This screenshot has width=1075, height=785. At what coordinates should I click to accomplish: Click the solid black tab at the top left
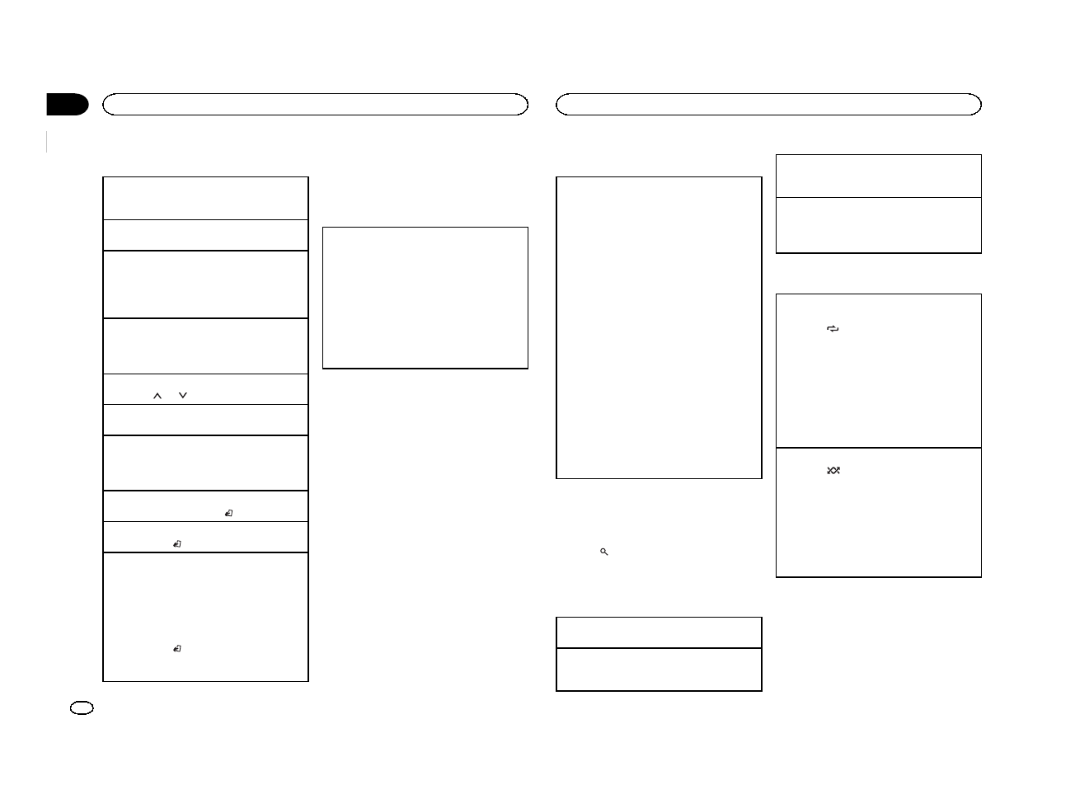point(66,105)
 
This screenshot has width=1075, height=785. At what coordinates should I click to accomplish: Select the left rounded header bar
point(314,104)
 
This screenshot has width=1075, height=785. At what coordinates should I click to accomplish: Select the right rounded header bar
point(768,104)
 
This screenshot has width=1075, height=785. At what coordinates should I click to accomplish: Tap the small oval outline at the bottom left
point(82,708)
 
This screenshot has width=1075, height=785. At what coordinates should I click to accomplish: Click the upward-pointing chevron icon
point(157,397)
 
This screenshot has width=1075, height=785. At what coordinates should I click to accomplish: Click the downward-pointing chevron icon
point(183,397)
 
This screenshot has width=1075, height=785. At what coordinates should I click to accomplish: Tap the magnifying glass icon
point(604,552)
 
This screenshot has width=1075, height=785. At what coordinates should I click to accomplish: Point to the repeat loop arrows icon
point(833,329)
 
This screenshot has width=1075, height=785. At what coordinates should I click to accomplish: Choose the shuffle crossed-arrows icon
point(833,471)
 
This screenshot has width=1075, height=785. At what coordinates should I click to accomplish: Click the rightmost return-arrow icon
point(228,514)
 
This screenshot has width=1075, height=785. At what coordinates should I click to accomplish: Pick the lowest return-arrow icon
point(177,650)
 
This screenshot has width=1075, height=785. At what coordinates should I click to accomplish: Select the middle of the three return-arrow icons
point(177,545)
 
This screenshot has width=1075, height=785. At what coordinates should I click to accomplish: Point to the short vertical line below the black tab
point(48,142)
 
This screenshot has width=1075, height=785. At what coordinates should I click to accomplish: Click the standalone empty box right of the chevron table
point(425,298)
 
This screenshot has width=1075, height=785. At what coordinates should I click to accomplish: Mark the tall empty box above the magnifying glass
point(659,327)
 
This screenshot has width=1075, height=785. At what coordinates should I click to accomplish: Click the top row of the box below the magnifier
point(659,632)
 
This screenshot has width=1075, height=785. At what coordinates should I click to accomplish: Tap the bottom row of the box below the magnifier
point(659,669)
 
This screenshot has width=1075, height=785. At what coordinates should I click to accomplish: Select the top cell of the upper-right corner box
point(879,176)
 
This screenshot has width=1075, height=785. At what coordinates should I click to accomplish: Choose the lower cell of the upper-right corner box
point(879,225)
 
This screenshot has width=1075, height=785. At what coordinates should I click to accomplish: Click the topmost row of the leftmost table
point(205,198)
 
